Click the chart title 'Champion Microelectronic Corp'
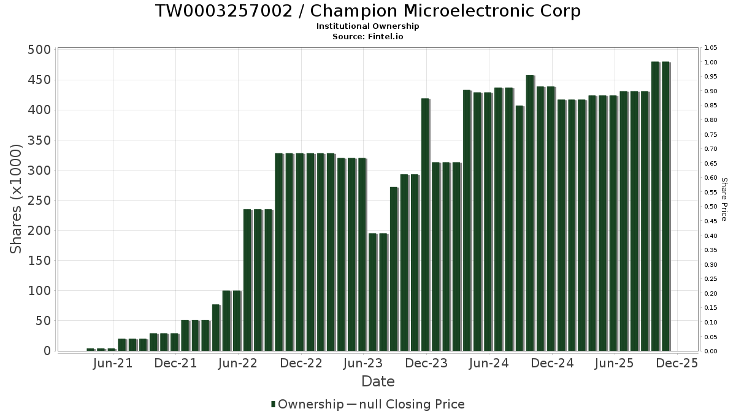point(367,11)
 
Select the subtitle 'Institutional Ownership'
point(367,26)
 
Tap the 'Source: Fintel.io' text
point(367,36)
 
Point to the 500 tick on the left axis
point(39,50)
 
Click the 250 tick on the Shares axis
point(39,201)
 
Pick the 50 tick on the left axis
point(43,321)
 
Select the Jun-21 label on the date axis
point(113,363)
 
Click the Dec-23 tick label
point(426,363)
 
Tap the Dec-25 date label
point(677,363)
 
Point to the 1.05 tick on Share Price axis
point(711,48)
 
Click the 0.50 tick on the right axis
point(711,207)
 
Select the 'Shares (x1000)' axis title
point(17,199)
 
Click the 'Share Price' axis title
point(724,199)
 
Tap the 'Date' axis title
point(378,381)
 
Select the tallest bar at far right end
point(665,206)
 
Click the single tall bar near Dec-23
point(425,224)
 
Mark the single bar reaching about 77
point(216,328)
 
